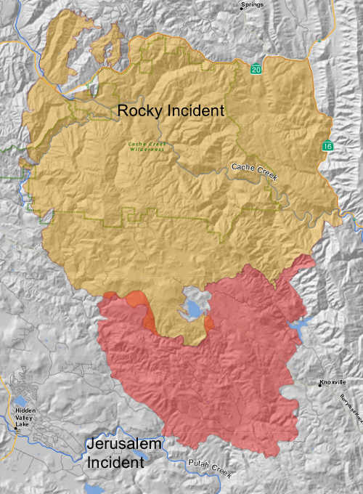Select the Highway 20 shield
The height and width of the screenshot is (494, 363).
[256, 68]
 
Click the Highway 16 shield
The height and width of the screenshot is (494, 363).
[329, 147]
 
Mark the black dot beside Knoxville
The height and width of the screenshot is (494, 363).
[319, 383]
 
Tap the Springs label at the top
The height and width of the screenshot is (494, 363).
[253, 4]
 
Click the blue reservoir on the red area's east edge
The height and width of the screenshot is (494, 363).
[298, 327]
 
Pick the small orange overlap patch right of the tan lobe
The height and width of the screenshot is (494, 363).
[209, 322]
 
